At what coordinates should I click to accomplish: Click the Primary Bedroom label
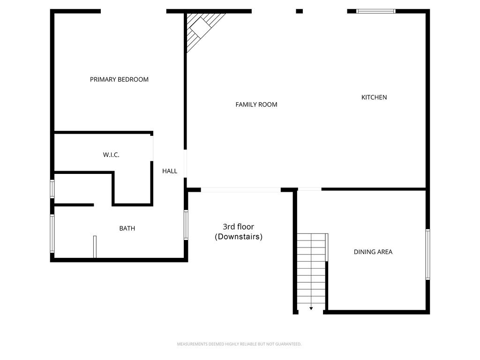point(119,80)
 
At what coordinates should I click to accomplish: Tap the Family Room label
point(256,105)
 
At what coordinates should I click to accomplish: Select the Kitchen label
point(374,97)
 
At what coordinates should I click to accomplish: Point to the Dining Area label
point(373,252)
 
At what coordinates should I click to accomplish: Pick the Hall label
point(170,171)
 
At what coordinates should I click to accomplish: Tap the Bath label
point(127,229)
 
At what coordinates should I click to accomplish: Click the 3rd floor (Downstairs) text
point(239,232)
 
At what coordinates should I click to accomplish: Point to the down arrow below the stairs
point(311,308)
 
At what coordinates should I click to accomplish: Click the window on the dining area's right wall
point(427,254)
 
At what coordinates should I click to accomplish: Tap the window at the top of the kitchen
point(376,11)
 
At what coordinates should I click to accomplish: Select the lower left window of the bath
point(52,233)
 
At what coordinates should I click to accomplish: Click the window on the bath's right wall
point(186,225)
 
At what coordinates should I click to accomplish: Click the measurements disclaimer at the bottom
point(239,344)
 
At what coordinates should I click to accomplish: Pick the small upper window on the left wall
point(52,189)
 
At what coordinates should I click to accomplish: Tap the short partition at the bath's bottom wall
point(95,247)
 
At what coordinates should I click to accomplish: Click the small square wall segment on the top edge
point(299,11)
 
